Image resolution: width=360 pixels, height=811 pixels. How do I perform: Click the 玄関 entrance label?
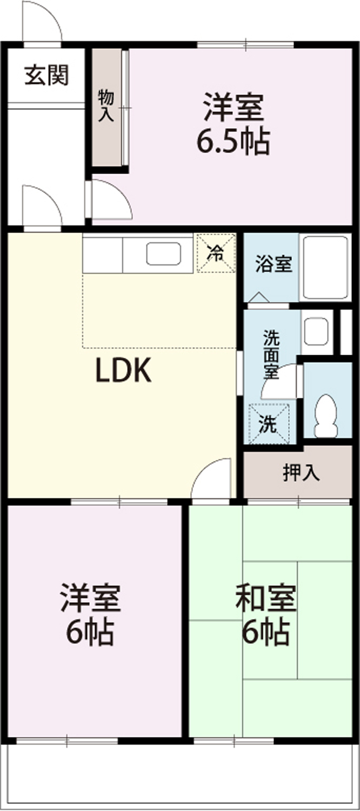tap(46, 75)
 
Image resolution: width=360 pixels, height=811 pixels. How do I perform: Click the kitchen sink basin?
tap(164, 253)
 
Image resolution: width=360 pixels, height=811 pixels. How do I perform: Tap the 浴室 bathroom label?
tap(274, 264)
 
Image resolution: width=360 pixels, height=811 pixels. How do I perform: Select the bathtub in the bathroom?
tap(325, 268)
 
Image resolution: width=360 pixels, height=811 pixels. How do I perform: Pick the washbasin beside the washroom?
tap(317, 331)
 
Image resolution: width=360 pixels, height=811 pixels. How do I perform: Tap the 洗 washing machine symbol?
tap(269, 423)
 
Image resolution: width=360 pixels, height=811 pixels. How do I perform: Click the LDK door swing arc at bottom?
tap(203, 470)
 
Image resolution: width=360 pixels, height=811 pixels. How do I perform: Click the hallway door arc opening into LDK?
tap(51, 196)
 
